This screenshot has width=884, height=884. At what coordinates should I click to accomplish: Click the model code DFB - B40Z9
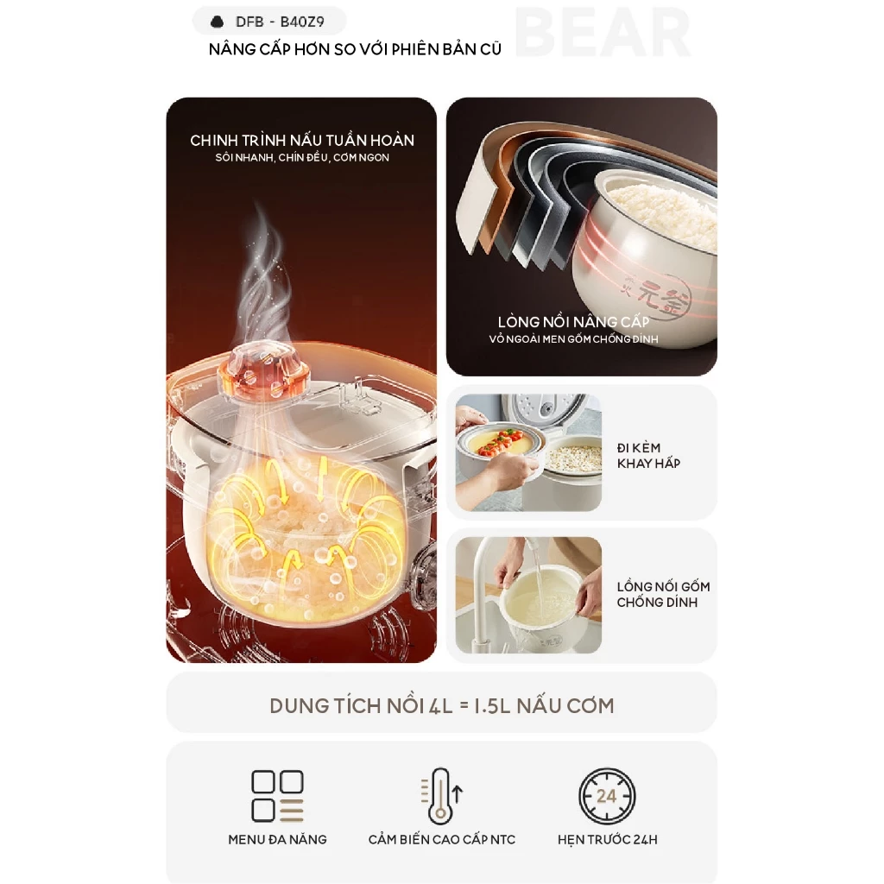280,22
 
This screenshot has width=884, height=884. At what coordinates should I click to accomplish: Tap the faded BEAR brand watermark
603,34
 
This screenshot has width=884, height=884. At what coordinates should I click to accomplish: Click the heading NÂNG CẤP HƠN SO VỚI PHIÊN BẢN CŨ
355,49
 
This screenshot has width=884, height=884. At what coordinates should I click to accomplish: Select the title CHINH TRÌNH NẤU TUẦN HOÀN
302,141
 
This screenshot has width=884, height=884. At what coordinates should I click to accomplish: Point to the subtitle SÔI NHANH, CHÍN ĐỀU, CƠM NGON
302,158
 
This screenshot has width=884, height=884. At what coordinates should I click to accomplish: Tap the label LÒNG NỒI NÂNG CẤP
573,322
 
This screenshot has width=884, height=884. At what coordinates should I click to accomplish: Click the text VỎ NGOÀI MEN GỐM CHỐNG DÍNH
573,338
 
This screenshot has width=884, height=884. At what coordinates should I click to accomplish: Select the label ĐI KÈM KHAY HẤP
648,456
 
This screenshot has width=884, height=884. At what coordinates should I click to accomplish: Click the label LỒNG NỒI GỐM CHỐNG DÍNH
663,594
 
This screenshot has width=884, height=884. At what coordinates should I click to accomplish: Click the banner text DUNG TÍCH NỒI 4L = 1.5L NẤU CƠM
442,706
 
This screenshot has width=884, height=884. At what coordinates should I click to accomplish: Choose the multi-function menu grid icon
277,796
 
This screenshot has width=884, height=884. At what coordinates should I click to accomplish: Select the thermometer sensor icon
441,796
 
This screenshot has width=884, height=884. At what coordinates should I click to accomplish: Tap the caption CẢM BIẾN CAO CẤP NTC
442,839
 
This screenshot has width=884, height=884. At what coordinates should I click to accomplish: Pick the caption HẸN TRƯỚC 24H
608,839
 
